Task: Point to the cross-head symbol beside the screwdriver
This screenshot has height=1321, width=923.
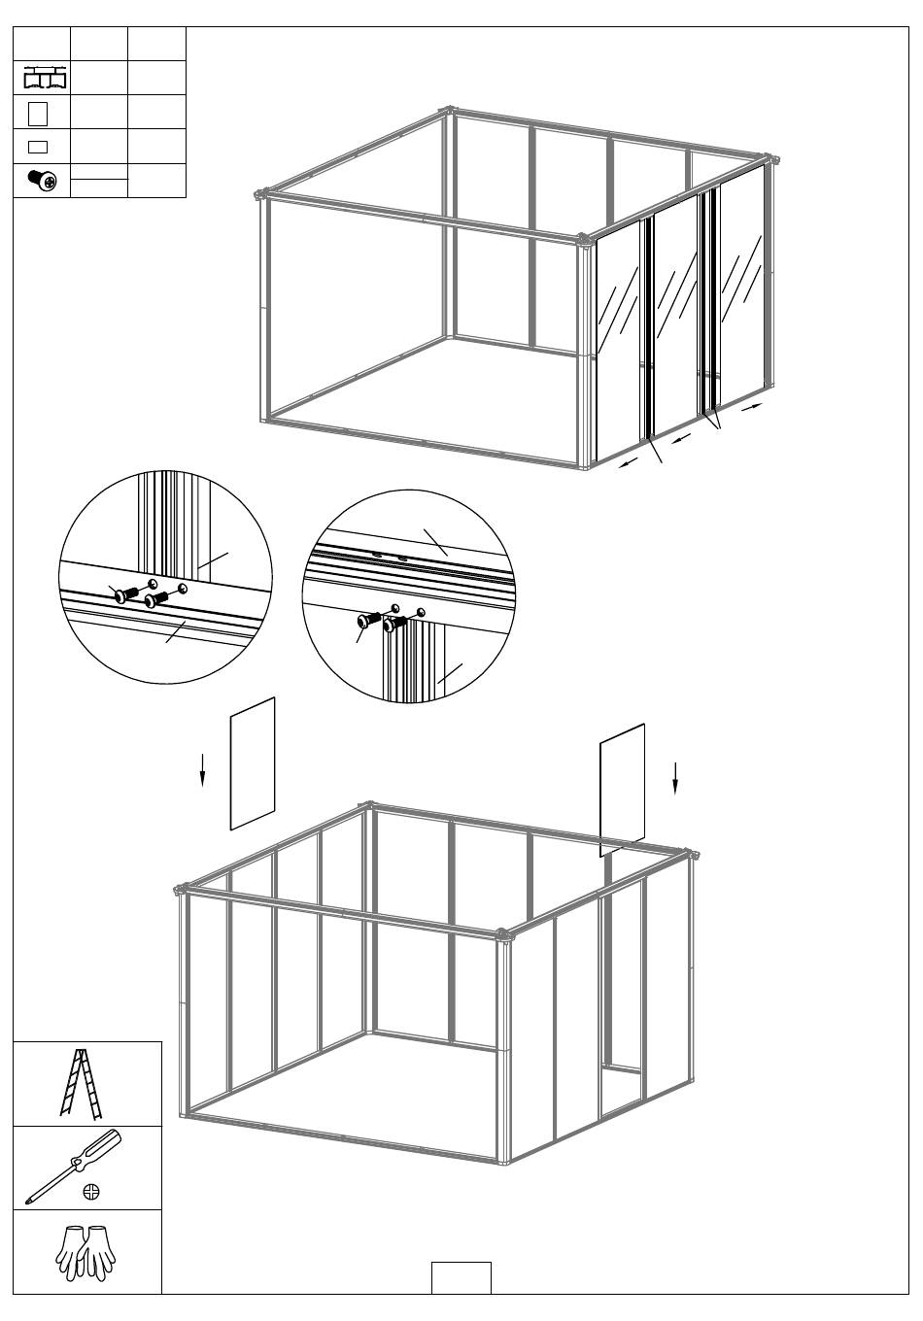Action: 91,1191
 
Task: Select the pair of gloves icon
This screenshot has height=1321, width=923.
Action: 86,1251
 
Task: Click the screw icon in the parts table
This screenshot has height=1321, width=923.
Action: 42,180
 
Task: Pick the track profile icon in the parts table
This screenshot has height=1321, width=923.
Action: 42,78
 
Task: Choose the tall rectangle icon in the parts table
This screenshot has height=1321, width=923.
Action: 39,113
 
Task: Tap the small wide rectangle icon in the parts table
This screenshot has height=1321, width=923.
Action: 39,147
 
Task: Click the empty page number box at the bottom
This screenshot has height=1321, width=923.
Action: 461,1277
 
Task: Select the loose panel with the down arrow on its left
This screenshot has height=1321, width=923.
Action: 253,763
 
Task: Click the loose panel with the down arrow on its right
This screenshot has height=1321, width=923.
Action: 623,789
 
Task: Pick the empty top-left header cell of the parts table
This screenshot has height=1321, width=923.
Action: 42,44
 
